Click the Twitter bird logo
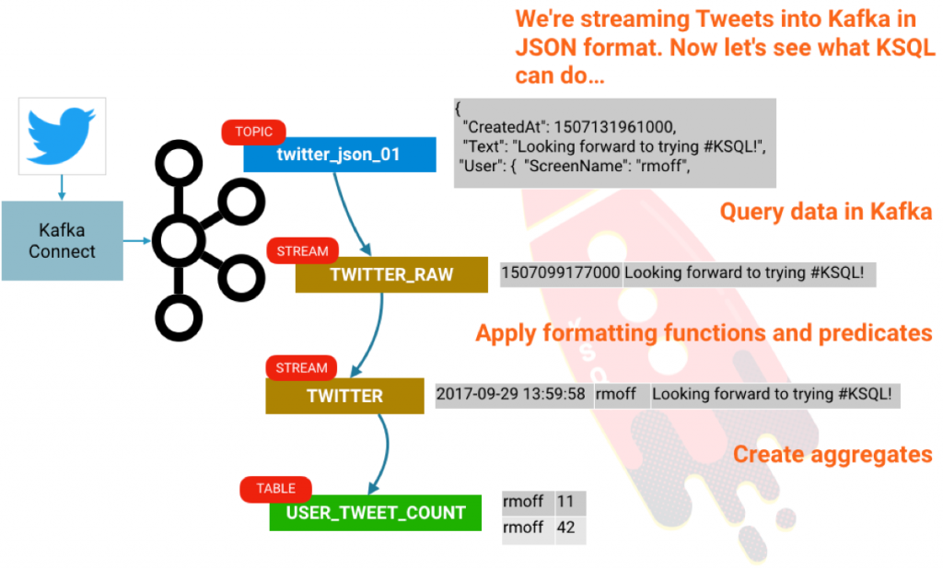62,135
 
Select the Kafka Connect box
62,240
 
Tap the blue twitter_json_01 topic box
339,155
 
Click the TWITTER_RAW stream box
390,274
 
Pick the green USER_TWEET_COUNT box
375,513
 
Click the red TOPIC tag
253,132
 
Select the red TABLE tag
275,489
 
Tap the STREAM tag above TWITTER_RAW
302,250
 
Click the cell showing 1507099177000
560,273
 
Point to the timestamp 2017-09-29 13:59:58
512,395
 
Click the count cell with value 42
566,527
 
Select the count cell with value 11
566,503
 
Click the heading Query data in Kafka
825,213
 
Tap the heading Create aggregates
832,454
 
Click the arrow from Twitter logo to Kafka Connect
62,188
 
